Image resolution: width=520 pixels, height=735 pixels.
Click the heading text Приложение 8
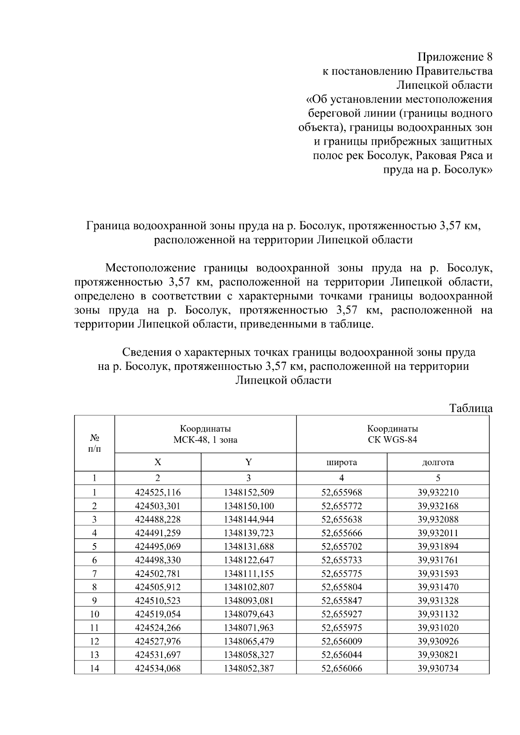click(x=455, y=57)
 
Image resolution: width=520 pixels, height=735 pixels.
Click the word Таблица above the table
click(x=471, y=408)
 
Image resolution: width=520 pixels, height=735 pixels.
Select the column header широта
click(x=341, y=462)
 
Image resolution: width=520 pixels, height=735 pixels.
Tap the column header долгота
click(x=438, y=462)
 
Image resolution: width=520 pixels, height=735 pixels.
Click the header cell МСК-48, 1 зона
click(x=205, y=440)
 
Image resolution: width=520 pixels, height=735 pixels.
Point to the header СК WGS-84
click(x=393, y=440)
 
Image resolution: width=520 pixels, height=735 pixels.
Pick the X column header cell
click(x=158, y=462)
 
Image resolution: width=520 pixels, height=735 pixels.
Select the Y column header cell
click(x=248, y=462)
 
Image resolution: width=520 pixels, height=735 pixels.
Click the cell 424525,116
click(x=158, y=492)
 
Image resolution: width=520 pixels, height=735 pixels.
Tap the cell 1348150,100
click(x=249, y=506)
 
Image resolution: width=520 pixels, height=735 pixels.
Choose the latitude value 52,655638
click(x=341, y=519)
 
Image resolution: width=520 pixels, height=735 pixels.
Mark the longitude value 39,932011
click(x=438, y=533)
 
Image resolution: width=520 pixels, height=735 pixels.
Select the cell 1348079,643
click(x=249, y=614)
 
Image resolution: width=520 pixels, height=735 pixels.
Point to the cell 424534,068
click(x=158, y=668)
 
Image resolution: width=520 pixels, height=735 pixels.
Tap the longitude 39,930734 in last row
click(x=438, y=668)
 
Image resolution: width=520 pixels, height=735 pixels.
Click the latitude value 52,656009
click(x=341, y=641)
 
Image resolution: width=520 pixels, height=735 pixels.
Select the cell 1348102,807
click(x=249, y=587)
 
